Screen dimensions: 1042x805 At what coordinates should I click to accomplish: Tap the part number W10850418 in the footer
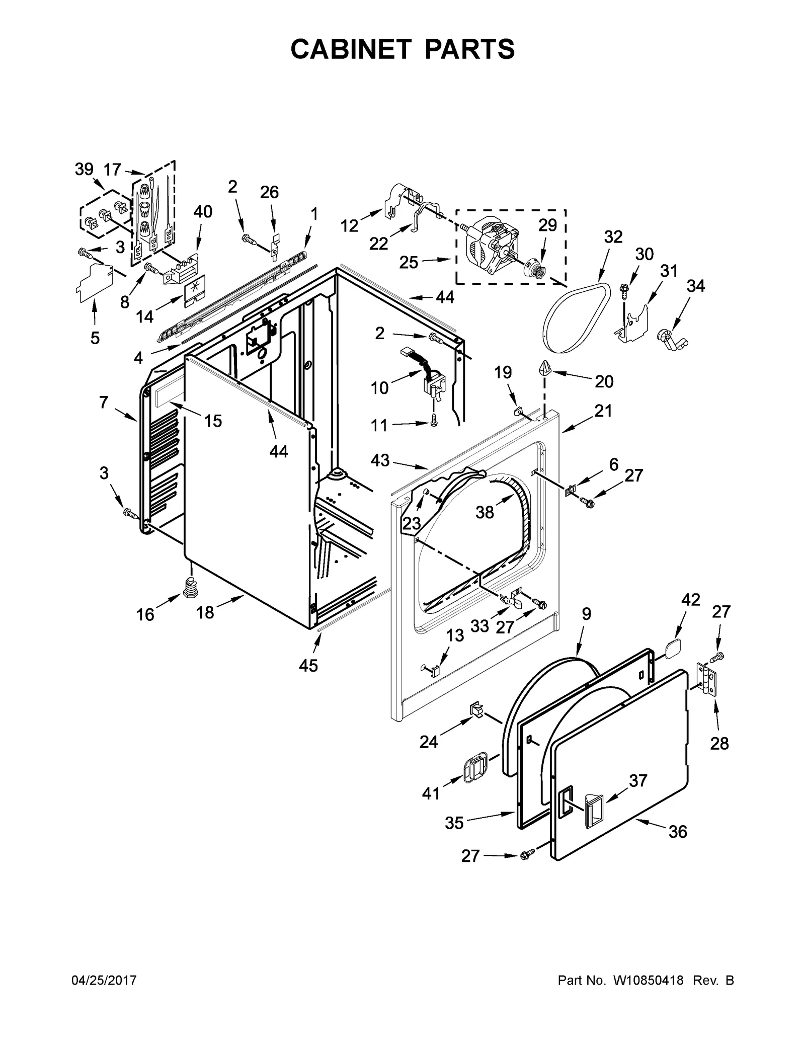click(x=648, y=980)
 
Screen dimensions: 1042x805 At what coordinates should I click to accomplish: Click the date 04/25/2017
click(x=104, y=980)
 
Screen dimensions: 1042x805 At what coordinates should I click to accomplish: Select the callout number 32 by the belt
click(x=613, y=236)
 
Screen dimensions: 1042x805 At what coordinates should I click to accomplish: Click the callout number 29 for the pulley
click(x=547, y=225)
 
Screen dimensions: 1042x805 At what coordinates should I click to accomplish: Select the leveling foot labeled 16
click(x=190, y=587)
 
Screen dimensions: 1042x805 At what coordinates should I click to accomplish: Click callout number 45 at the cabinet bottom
click(x=308, y=666)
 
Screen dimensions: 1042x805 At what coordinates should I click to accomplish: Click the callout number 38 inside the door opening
click(x=485, y=512)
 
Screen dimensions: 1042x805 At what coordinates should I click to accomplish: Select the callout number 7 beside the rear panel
click(x=104, y=403)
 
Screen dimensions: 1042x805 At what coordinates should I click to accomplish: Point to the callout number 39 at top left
click(x=84, y=169)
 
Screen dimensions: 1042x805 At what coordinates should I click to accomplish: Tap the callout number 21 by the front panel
click(x=603, y=411)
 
